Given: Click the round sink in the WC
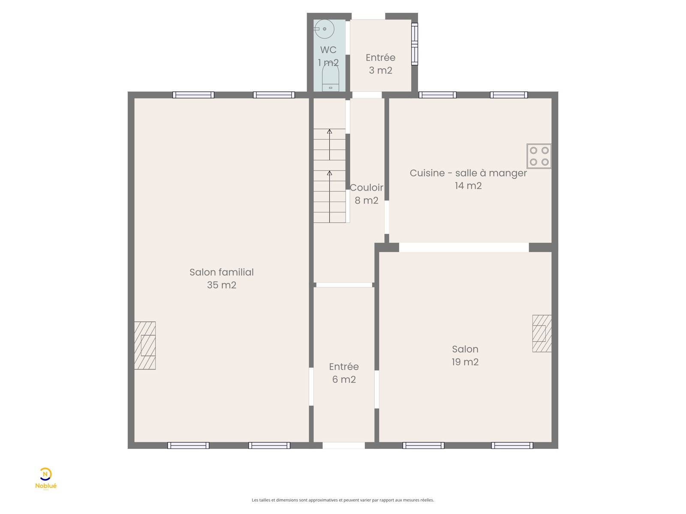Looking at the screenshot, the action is [x=324, y=29].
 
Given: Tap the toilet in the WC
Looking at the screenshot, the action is [x=330, y=78].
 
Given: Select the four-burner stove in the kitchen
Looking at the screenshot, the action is [x=539, y=156].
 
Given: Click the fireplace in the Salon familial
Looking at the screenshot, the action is [x=144, y=346].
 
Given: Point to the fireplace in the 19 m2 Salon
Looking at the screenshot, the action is [x=542, y=333].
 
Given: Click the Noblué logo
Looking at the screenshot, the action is [x=45, y=479].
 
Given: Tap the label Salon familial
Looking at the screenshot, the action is [x=222, y=272].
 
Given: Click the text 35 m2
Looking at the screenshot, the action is [x=222, y=285].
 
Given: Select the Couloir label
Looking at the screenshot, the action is [x=366, y=188].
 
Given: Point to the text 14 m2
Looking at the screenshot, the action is [x=468, y=186].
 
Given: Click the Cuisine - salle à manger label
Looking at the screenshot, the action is [x=468, y=173].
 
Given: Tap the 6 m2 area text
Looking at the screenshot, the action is [x=344, y=380].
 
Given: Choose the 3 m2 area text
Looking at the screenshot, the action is [x=380, y=71].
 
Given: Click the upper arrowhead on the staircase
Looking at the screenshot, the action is [x=329, y=131].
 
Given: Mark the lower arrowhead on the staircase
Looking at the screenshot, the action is [x=329, y=173].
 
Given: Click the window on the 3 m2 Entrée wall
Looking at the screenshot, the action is [x=415, y=44].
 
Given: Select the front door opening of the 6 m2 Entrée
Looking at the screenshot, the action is [x=343, y=445].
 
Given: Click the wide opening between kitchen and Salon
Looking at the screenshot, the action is [x=464, y=247].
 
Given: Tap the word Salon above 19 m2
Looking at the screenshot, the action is [x=465, y=349].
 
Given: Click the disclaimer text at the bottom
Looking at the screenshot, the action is [x=343, y=500].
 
